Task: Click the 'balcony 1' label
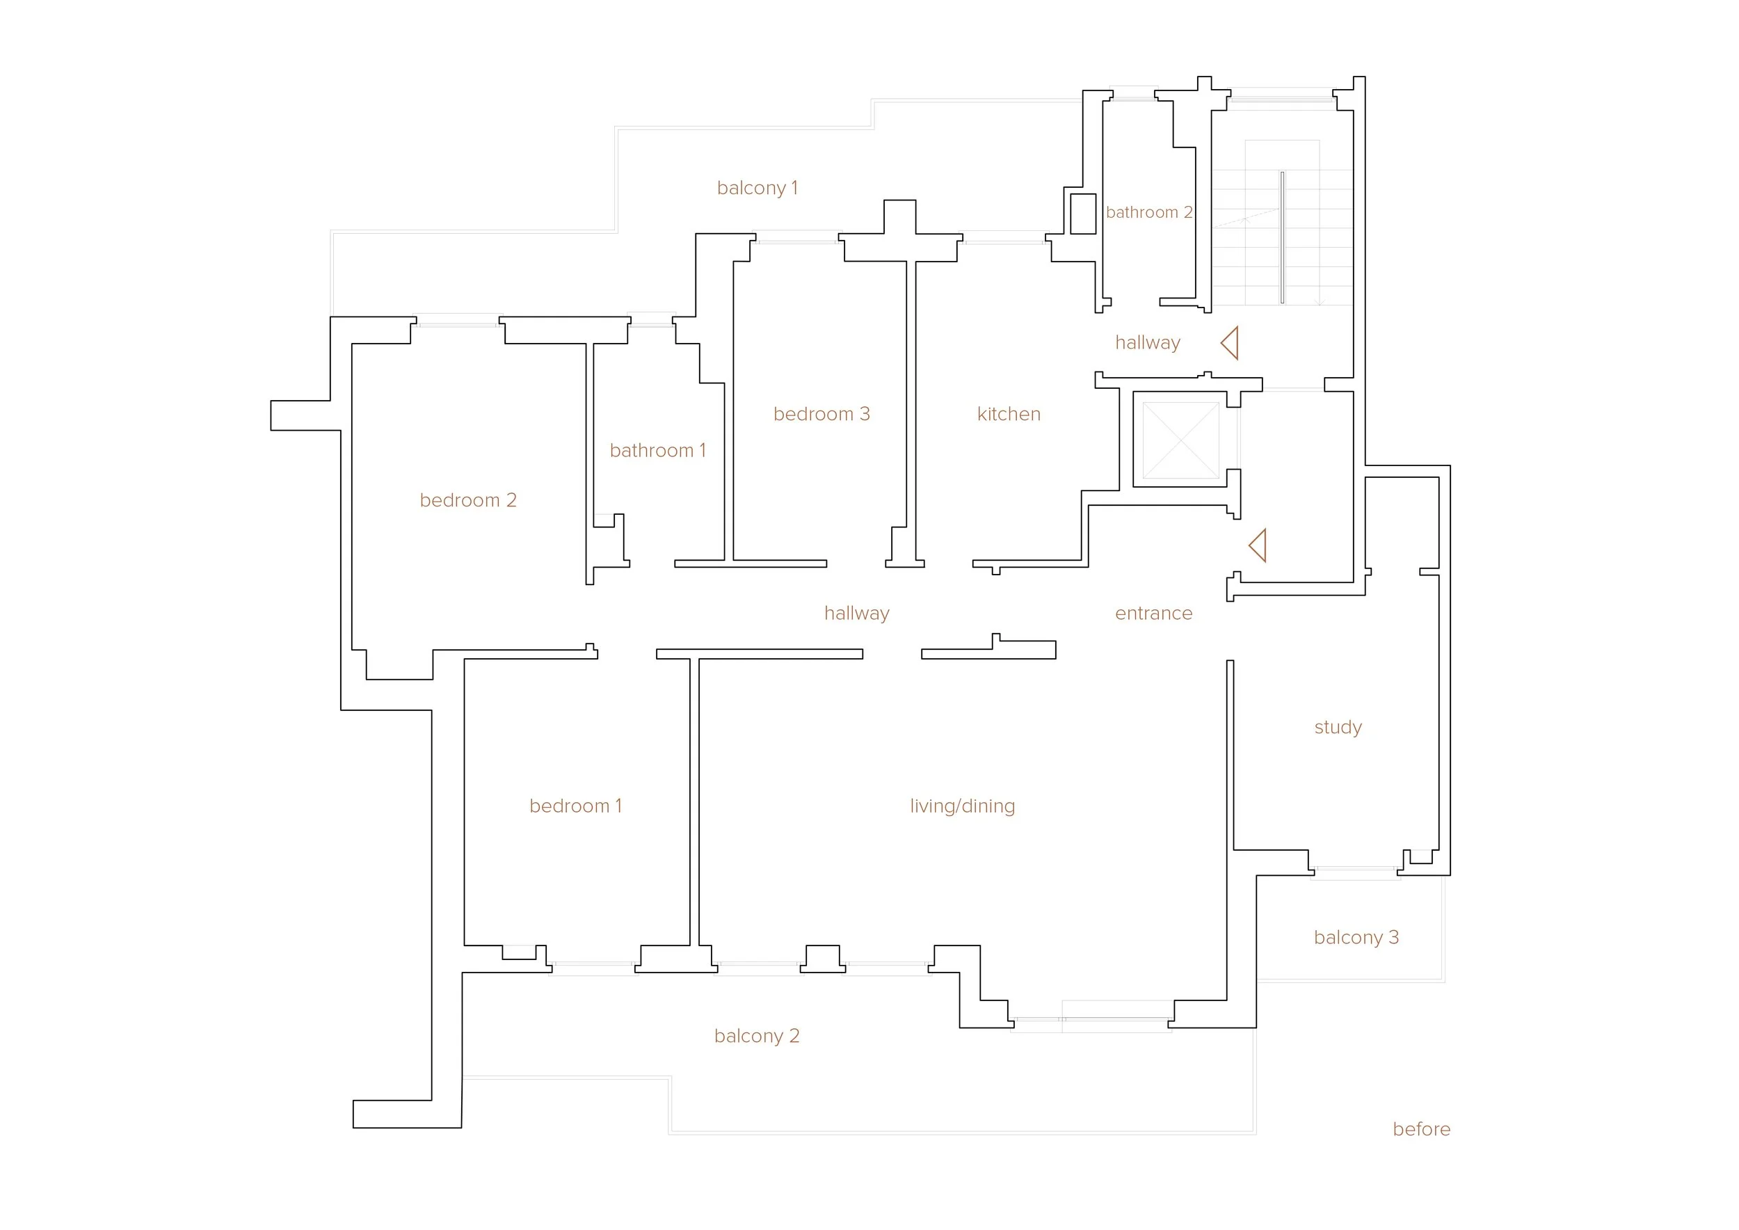pyautogui.click(x=757, y=188)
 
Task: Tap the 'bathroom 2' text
pyautogui.click(x=1148, y=212)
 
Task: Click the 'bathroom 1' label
pyautogui.click(x=657, y=451)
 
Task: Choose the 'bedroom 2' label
pyautogui.click(x=467, y=500)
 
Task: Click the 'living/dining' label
pyautogui.click(x=962, y=806)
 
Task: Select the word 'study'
pyautogui.click(x=1338, y=727)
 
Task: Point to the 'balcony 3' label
pyautogui.click(x=1356, y=937)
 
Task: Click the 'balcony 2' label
pyautogui.click(x=757, y=1035)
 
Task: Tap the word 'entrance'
pyautogui.click(x=1153, y=613)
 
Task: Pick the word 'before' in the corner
pyautogui.click(x=1421, y=1129)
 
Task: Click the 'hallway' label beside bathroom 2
pyautogui.click(x=1148, y=342)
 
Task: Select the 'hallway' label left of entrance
pyautogui.click(x=856, y=613)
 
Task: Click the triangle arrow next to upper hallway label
pyautogui.click(x=1231, y=343)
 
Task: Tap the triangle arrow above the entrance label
pyautogui.click(x=1258, y=545)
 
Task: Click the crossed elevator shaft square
pyautogui.click(x=1180, y=440)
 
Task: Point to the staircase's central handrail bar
pyautogui.click(x=1282, y=238)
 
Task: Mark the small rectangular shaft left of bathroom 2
pyautogui.click(x=1083, y=214)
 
